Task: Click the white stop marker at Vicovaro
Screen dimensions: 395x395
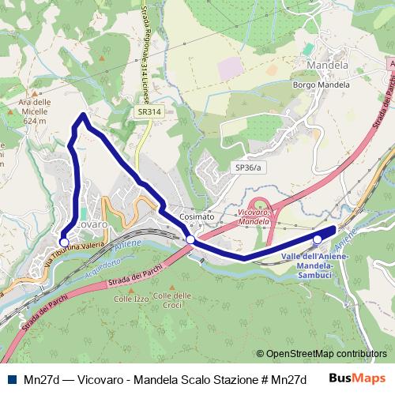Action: pos(64,243)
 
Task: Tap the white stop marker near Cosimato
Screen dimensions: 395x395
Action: pos(190,239)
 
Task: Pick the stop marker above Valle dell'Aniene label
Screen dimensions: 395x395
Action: pos(318,239)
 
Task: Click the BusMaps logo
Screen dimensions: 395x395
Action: pos(357,378)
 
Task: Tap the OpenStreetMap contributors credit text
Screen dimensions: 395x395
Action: pos(323,353)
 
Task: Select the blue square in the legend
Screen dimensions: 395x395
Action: pos(13,378)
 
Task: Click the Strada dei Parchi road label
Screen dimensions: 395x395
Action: pos(140,274)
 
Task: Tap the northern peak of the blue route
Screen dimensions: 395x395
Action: pos(83,116)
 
